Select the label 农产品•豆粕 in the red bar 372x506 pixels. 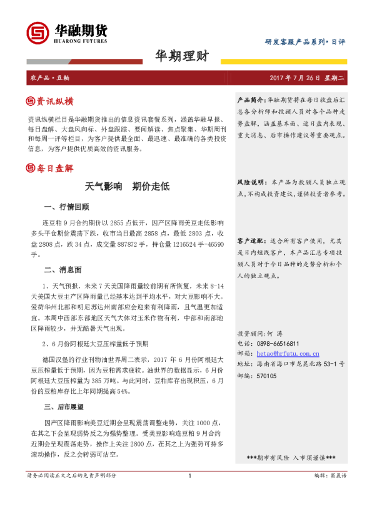pos(50,78)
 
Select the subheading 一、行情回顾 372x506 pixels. pos(66,207)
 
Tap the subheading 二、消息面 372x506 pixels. pos(63,271)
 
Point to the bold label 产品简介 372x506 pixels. pos(251,100)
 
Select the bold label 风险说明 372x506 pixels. pos(251,182)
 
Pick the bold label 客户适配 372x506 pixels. pos(251,241)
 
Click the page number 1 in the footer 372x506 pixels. pos(189,493)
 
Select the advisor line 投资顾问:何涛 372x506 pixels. pos(260,334)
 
